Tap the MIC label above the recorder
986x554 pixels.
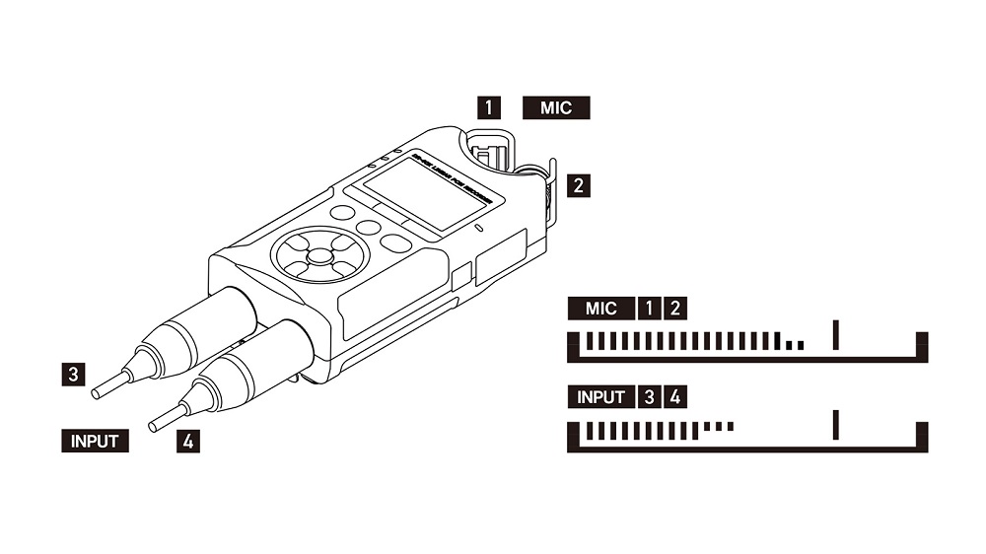click(x=556, y=107)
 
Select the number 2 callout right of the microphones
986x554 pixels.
click(x=581, y=184)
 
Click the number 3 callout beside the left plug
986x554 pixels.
click(x=72, y=374)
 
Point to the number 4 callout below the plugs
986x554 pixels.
click(x=188, y=441)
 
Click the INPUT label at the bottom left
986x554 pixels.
click(x=95, y=441)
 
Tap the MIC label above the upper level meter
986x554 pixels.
click(x=600, y=309)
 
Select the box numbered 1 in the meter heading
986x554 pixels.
click(x=649, y=309)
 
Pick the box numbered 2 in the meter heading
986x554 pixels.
click(x=674, y=309)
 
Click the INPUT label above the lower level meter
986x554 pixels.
click(x=601, y=397)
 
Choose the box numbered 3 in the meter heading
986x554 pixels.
click(x=649, y=397)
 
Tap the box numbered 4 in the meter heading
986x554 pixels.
click(x=674, y=397)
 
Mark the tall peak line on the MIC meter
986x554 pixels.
click(x=835, y=336)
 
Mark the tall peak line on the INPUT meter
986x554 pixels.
click(x=835, y=425)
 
